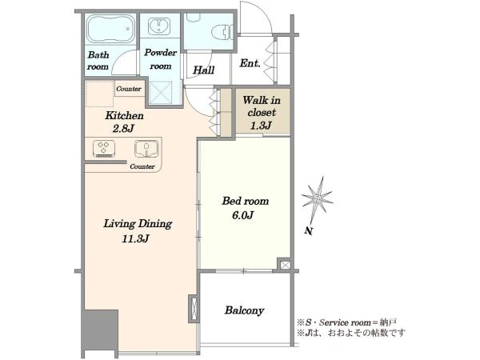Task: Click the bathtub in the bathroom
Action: [x=111, y=29]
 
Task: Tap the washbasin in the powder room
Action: [x=159, y=26]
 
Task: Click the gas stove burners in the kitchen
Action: [x=104, y=149]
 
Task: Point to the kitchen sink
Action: [x=146, y=149]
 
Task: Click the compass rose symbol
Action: [x=317, y=199]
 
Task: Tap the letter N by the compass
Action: [x=309, y=231]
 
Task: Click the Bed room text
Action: [x=246, y=201]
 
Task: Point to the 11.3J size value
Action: [x=135, y=238]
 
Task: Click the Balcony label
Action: [x=244, y=310]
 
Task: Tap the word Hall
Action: [x=203, y=70]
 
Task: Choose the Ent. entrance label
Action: [x=250, y=63]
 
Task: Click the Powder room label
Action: [x=161, y=59]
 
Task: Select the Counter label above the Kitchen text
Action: [x=129, y=89]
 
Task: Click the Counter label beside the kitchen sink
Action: [x=142, y=166]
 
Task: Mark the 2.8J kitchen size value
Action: [x=123, y=129]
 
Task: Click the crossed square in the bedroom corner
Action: [x=284, y=265]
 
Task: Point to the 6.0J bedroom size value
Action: [x=242, y=215]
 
